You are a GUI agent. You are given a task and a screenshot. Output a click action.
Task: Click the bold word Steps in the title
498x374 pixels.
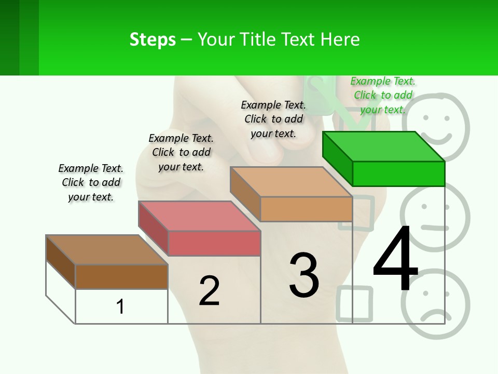[x=153, y=39]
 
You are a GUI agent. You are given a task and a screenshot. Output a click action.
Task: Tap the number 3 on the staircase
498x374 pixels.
[x=304, y=275]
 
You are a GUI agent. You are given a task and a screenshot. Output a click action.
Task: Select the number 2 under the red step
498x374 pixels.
[x=209, y=290]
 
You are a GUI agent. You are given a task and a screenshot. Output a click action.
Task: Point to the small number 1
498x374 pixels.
[x=120, y=306]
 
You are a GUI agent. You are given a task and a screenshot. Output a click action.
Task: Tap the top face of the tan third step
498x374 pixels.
[x=290, y=182]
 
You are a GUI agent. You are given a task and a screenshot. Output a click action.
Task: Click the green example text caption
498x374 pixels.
[x=383, y=95]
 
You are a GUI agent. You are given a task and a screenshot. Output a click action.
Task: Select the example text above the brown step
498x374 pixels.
[x=91, y=182]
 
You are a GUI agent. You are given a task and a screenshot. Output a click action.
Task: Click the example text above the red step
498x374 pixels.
[x=181, y=152]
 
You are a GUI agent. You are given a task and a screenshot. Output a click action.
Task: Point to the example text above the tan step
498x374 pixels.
[x=273, y=119]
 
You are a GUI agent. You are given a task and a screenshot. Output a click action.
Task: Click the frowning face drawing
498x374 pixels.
[x=435, y=306]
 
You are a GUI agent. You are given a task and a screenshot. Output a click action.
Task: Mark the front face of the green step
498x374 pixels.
[x=398, y=173]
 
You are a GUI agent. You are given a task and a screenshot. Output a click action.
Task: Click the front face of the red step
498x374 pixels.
[x=214, y=243]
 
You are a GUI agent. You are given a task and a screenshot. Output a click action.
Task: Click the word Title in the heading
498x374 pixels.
[x=259, y=39]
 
